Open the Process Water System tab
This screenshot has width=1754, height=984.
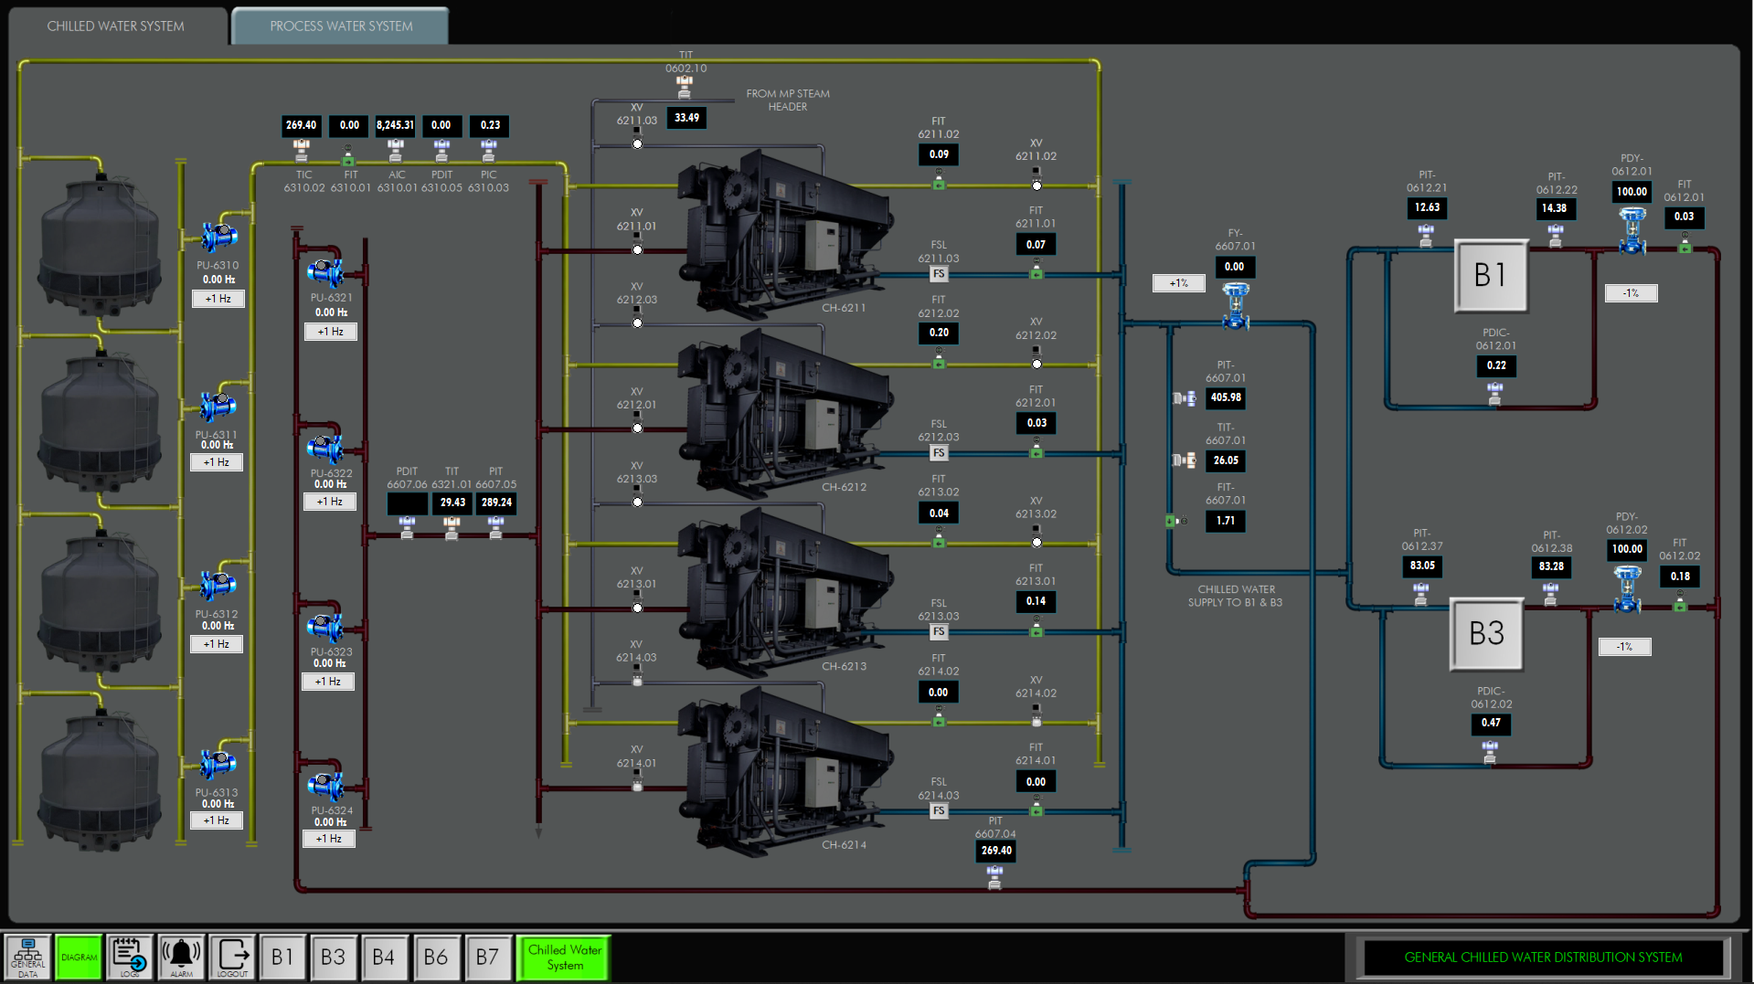pyautogui.click(x=341, y=26)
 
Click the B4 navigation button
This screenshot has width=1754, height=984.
pyautogui.click(x=384, y=957)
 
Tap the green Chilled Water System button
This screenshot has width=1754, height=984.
pyautogui.click(x=564, y=957)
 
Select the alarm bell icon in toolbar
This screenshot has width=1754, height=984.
pyautogui.click(x=181, y=957)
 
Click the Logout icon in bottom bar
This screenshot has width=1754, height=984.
pyautogui.click(x=232, y=957)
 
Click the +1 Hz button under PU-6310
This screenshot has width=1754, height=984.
pyautogui.click(x=218, y=299)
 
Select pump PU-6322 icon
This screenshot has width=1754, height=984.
pyautogui.click(x=324, y=449)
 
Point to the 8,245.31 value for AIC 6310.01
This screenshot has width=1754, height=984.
pyautogui.click(x=395, y=125)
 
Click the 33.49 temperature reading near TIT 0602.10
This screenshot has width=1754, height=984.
pyautogui.click(x=686, y=118)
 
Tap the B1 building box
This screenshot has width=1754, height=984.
pyautogui.click(x=1490, y=275)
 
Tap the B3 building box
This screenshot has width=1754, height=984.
pyautogui.click(x=1486, y=633)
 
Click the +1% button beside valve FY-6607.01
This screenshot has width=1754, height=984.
pyautogui.click(x=1178, y=283)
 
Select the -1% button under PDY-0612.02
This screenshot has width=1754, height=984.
pyautogui.click(x=1624, y=647)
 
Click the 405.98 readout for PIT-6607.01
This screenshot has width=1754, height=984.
pyautogui.click(x=1226, y=397)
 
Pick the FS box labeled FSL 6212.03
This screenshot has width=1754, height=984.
pyautogui.click(x=939, y=453)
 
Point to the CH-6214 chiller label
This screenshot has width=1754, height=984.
pyautogui.click(x=844, y=845)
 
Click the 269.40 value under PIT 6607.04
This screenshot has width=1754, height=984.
pyautogui.click(x=996, y=851)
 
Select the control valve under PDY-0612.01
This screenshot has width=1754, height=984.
pyautogui.click(x=1632, y=230)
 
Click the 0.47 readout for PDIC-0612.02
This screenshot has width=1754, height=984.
pyautogui.click(x=1491, y=723)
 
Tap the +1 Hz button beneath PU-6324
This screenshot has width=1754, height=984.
pyautogui.click(x=329, y=839)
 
